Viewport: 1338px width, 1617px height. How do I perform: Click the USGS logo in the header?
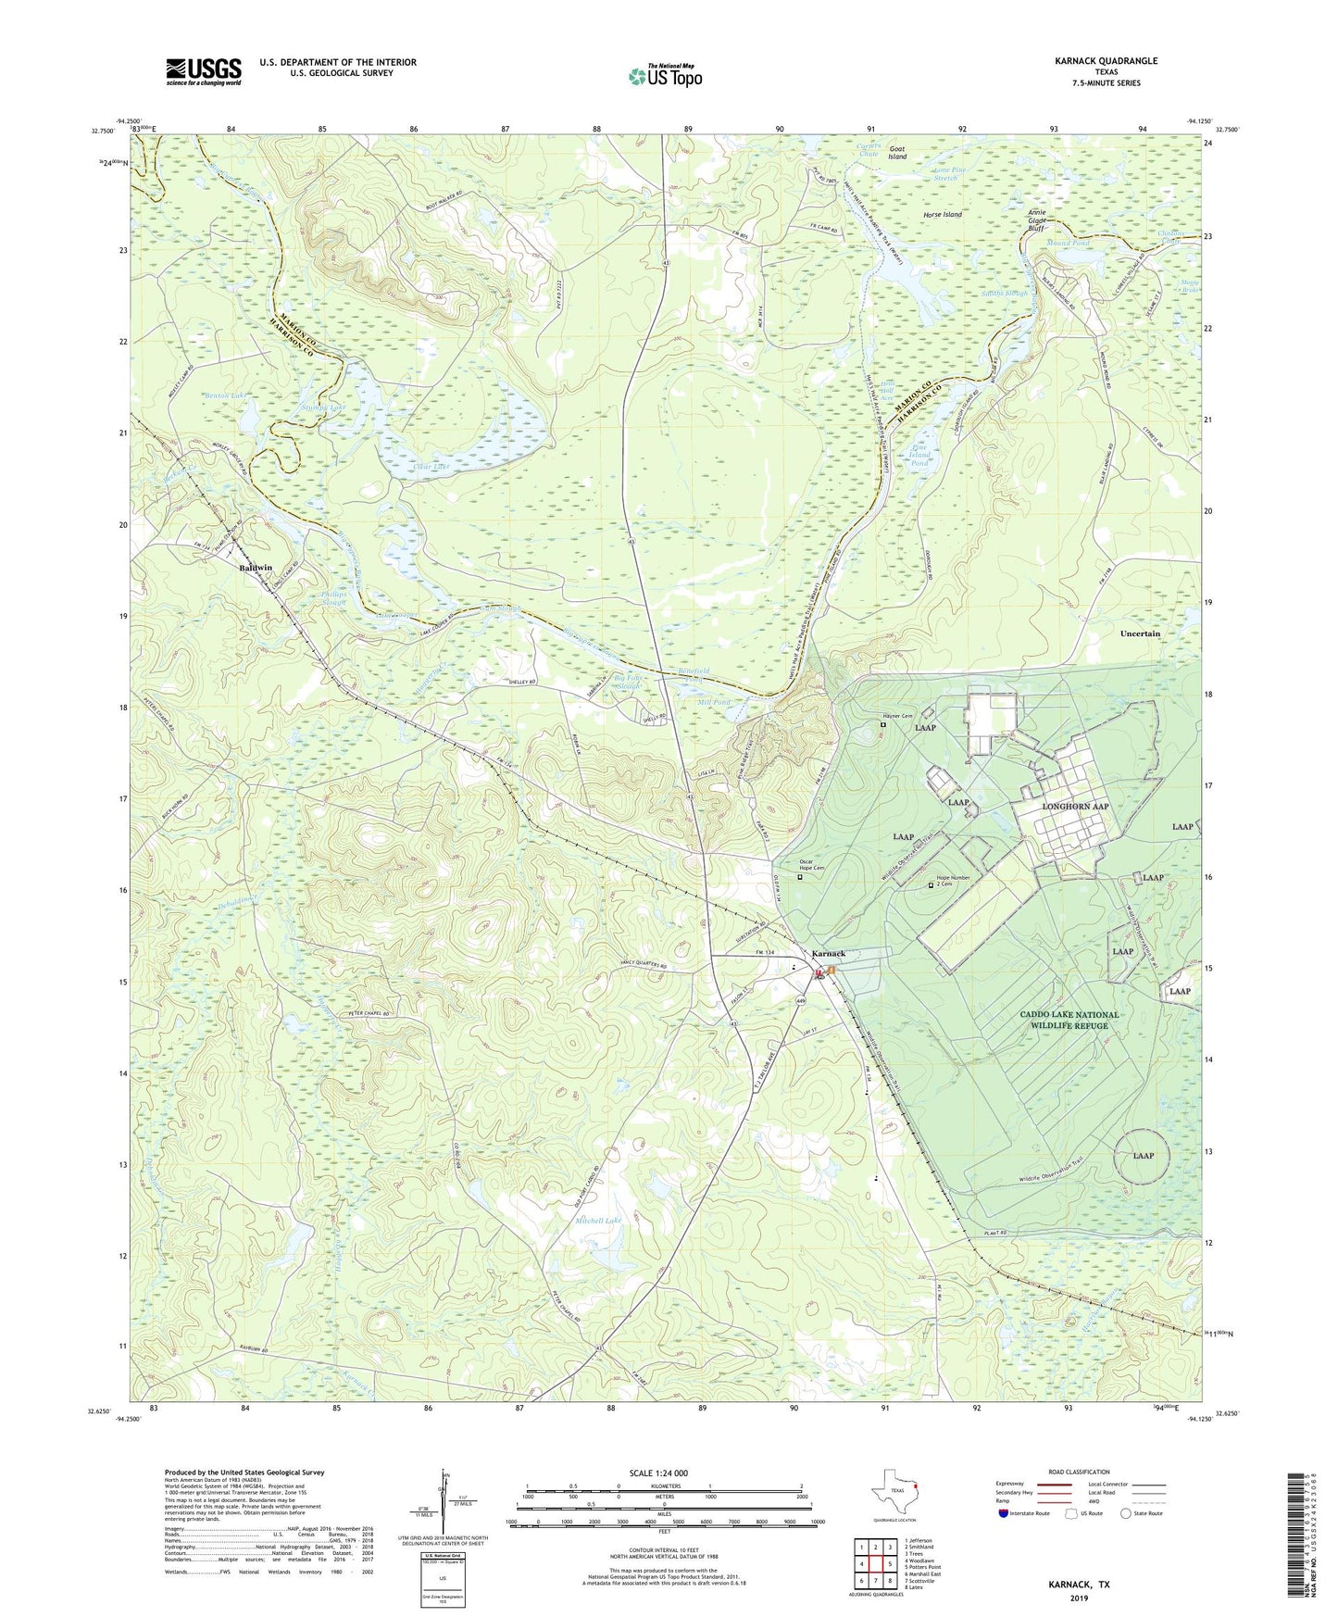[204, 71]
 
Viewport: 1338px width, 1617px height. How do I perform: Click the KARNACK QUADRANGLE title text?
[1106, 61]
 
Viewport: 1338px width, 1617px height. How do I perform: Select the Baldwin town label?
[256, 568]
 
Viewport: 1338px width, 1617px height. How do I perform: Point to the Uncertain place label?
[1139, 633]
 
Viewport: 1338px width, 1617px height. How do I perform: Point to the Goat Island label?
[897, 153]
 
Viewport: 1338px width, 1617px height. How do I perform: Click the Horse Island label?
[942, 214]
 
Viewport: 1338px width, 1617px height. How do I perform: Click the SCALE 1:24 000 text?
[658, 1473]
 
